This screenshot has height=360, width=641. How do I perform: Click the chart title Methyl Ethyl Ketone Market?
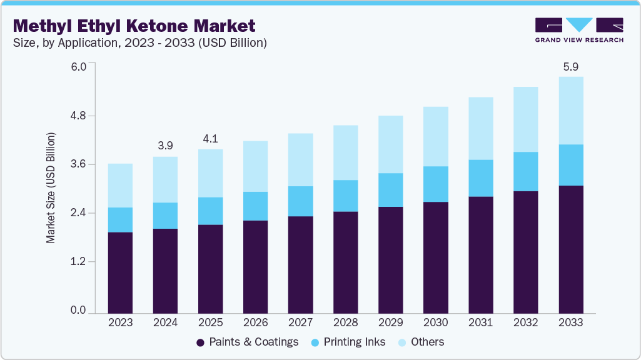[134, 26]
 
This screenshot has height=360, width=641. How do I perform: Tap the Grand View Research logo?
[578, 30]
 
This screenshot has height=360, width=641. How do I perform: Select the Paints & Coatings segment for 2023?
[120, 272]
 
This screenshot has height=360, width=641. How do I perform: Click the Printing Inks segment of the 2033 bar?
[571, 165]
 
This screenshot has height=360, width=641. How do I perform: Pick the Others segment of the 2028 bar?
[345, 152]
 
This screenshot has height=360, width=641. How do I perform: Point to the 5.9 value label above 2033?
[571, 66]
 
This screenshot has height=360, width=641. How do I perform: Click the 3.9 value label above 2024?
[165, 146]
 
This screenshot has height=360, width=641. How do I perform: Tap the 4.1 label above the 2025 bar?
[210, 139]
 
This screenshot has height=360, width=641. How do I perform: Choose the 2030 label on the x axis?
[435, 322]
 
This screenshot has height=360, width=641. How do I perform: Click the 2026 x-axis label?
[255, 322]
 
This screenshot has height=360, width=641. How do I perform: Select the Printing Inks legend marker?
[315, 342]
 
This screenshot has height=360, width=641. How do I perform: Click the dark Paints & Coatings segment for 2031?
[481, 254]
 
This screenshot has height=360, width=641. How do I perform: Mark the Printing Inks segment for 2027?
[300, 201]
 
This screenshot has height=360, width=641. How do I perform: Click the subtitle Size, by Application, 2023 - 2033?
[140, 43]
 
